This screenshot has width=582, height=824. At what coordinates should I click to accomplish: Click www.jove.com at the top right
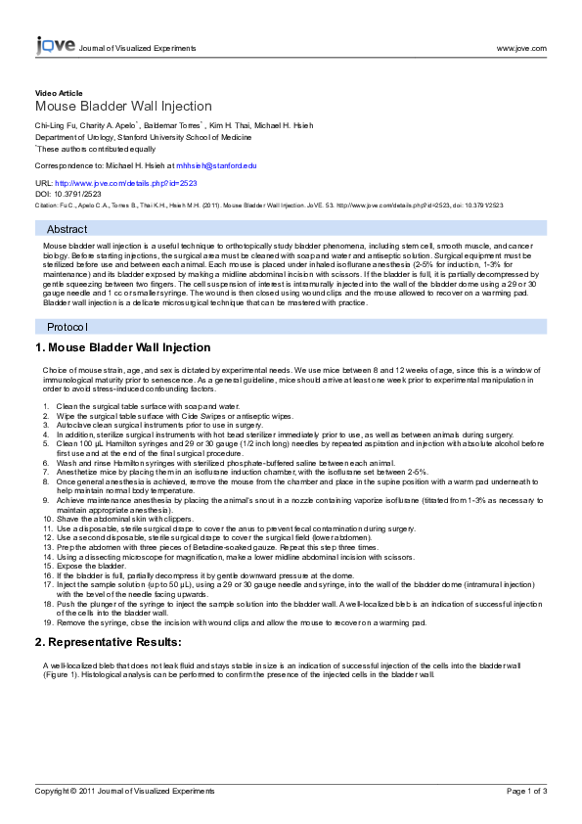coord(521,47)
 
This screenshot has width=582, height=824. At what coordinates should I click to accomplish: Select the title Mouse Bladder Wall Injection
coord(123,107)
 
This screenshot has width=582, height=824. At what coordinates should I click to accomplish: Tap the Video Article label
coord(59,93)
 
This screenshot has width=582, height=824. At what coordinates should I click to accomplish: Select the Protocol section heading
coord(67,326)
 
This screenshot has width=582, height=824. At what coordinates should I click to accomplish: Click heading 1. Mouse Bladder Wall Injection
coord(122,347)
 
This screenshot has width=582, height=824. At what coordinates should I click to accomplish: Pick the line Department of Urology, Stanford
coord(147,138)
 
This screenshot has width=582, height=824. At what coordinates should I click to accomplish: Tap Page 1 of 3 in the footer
coord(526,790)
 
